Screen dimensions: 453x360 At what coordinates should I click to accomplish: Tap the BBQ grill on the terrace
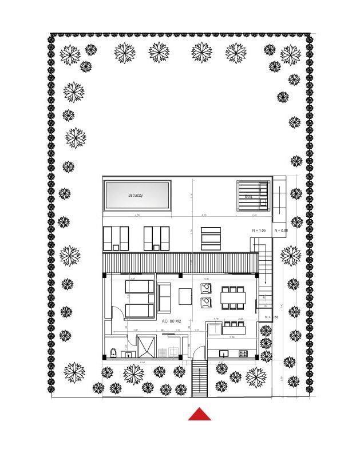point(253,196)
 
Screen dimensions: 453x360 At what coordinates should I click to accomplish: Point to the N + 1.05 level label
point(260,230)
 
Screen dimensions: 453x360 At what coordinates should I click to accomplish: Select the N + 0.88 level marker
point(281,230)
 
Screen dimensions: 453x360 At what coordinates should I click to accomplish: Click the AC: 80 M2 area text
point(175,321)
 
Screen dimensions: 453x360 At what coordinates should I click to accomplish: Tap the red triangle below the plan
point(199,414)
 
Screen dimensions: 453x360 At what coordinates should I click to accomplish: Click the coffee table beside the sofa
point(185,296)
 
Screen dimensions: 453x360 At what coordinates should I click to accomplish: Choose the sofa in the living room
point(166,296)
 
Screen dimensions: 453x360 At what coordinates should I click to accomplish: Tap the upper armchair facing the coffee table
point(205,287)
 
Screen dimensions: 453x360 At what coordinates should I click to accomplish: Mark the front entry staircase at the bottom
point(199,380)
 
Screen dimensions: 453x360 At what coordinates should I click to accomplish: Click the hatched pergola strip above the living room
point(180,263)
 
